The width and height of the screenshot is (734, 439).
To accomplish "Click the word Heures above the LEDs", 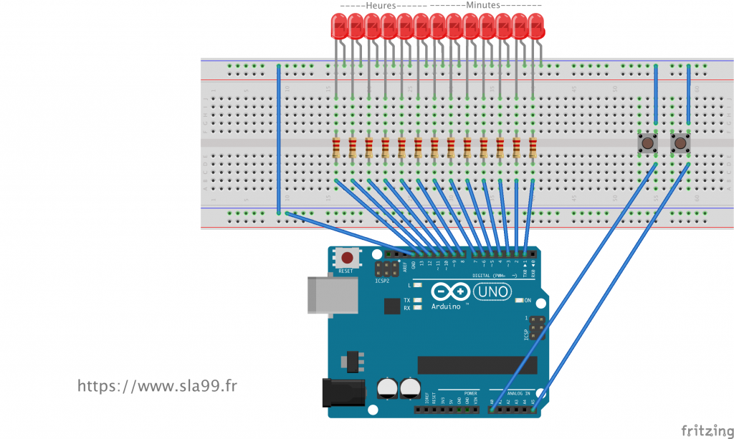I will [x=380, y=5].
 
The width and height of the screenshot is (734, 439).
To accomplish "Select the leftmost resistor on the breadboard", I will [x=337, y=148].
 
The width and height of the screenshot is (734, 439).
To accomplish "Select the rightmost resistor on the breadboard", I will [x=533, y=148].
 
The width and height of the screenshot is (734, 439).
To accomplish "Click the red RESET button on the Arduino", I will [x=347, y=258].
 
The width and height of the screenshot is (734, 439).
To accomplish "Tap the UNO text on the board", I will [x=494, y=292].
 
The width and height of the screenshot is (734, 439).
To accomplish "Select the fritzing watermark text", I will [x=707, y=430].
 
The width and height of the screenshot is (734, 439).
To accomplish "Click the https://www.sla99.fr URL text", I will [x=157, y=386].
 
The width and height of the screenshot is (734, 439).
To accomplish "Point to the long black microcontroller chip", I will [x=477, y=365].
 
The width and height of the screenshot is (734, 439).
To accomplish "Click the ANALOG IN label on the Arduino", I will [x=517, y=393].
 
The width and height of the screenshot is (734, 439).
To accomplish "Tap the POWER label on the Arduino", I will [x=471, y=393].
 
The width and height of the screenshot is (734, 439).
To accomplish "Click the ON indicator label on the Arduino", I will [x=528, y=300].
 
